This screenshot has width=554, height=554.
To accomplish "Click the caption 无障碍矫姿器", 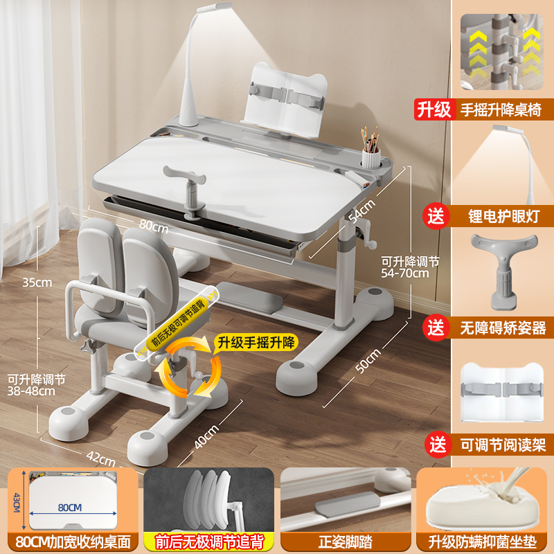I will coord(504,328).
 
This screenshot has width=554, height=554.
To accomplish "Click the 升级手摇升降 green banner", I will coord(255,341).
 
